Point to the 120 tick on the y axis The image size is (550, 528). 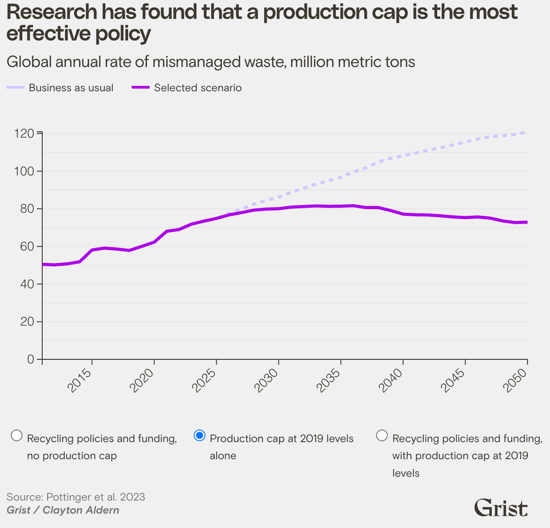coord(24,134)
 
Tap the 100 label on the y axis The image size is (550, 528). coord(24,171)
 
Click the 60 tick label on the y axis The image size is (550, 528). coord(26,246)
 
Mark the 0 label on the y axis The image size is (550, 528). coord(31,359)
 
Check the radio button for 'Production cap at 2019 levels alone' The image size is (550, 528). coord(200,436)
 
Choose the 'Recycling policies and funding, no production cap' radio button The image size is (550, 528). coord(17,436)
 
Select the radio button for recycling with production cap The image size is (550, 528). coord(382,436)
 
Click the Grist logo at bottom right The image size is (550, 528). coord(501,508)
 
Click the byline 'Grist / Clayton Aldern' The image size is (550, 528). coord(63,510)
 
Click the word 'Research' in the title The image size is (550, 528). coord(50,13)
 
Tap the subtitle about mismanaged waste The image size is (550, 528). coord(211,62)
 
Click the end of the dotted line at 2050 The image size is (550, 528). coord(526,132)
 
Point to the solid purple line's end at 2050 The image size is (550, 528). coord(526,222)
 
